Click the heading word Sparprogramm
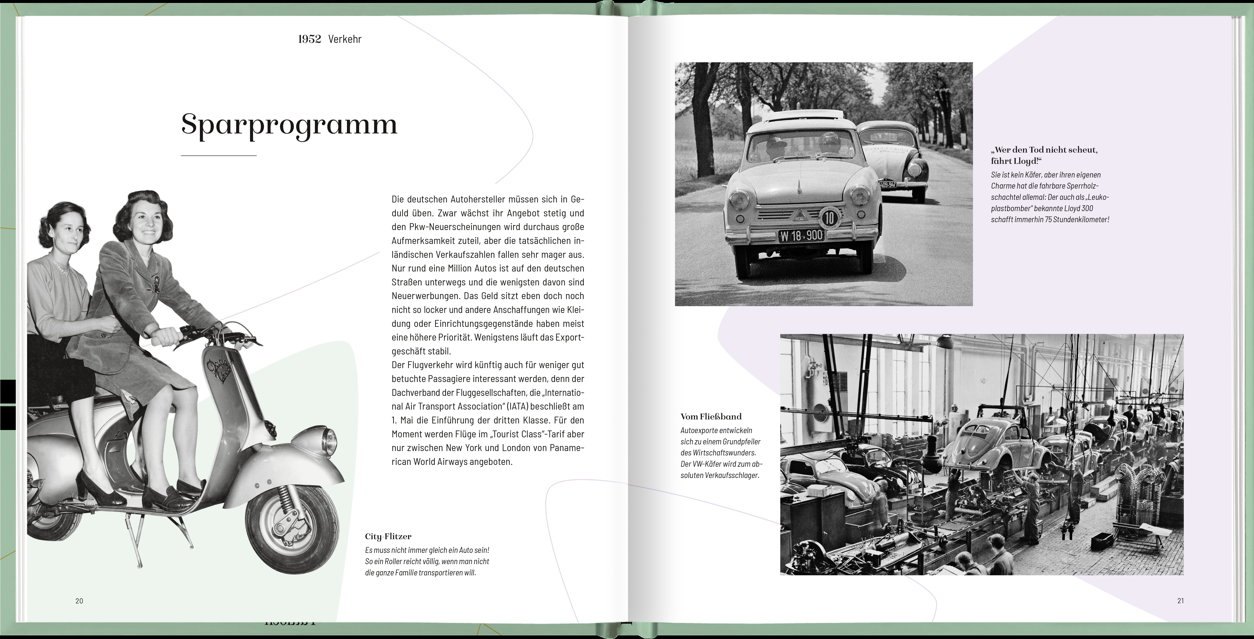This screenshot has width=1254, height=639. (289, 125)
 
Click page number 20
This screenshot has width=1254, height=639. (79, 601)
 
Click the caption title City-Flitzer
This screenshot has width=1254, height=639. (388, 536)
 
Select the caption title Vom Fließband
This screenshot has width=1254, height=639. (711, 417)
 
